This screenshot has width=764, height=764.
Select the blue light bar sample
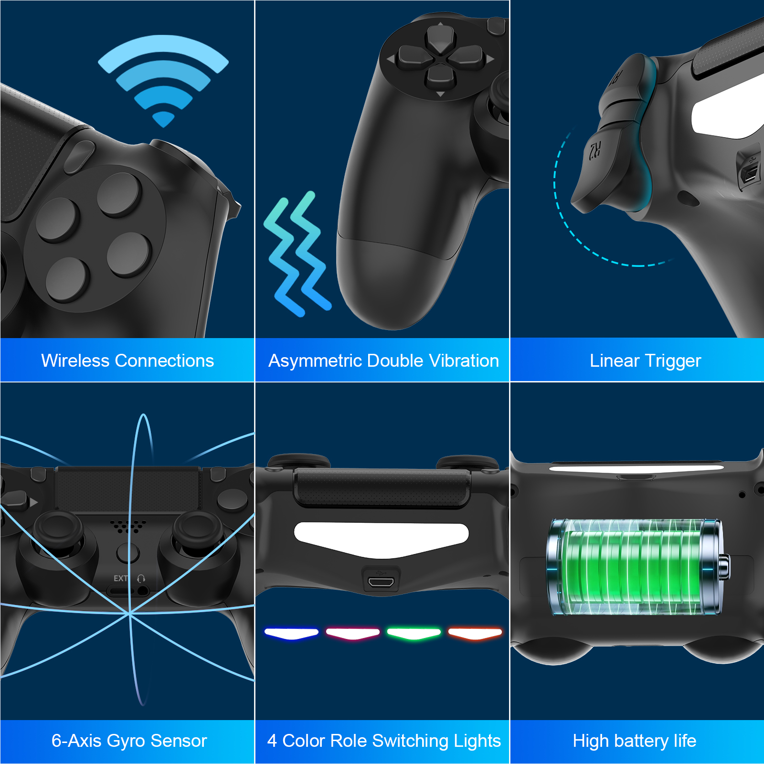click(x=291, y=634)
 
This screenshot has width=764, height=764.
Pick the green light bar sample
click(x=414, y=634)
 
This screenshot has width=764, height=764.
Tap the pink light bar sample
click(x=353, y=634)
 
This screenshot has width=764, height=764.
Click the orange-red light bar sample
click(x=475, y=634)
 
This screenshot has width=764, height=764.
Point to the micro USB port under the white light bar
click(x=381, y=582)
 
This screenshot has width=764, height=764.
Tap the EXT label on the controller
click(x=120, y=578)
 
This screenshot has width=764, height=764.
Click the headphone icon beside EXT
click(x=141, y=578)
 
